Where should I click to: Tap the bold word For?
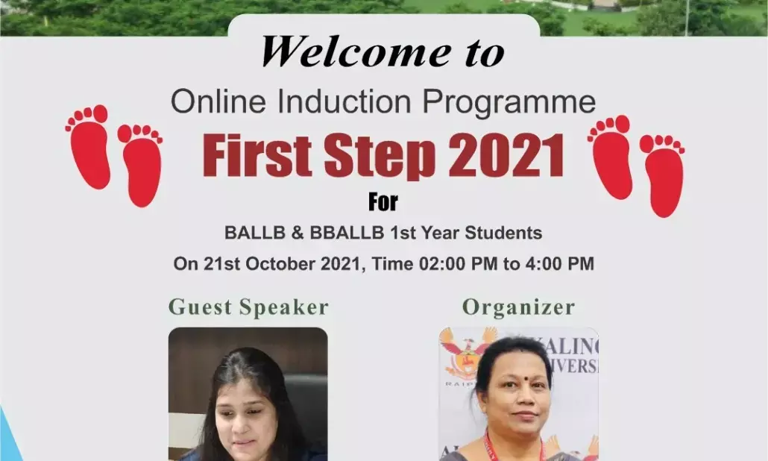click(x=383, y=202)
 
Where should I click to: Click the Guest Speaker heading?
click(x=248, y=307)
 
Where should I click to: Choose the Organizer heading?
click(x=518, y=307)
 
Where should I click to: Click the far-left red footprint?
click(x=89, y=145)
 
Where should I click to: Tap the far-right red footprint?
click(x=663, y=175)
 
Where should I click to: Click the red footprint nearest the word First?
click(x=141, y=164)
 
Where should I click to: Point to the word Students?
click(x=503, y=233)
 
